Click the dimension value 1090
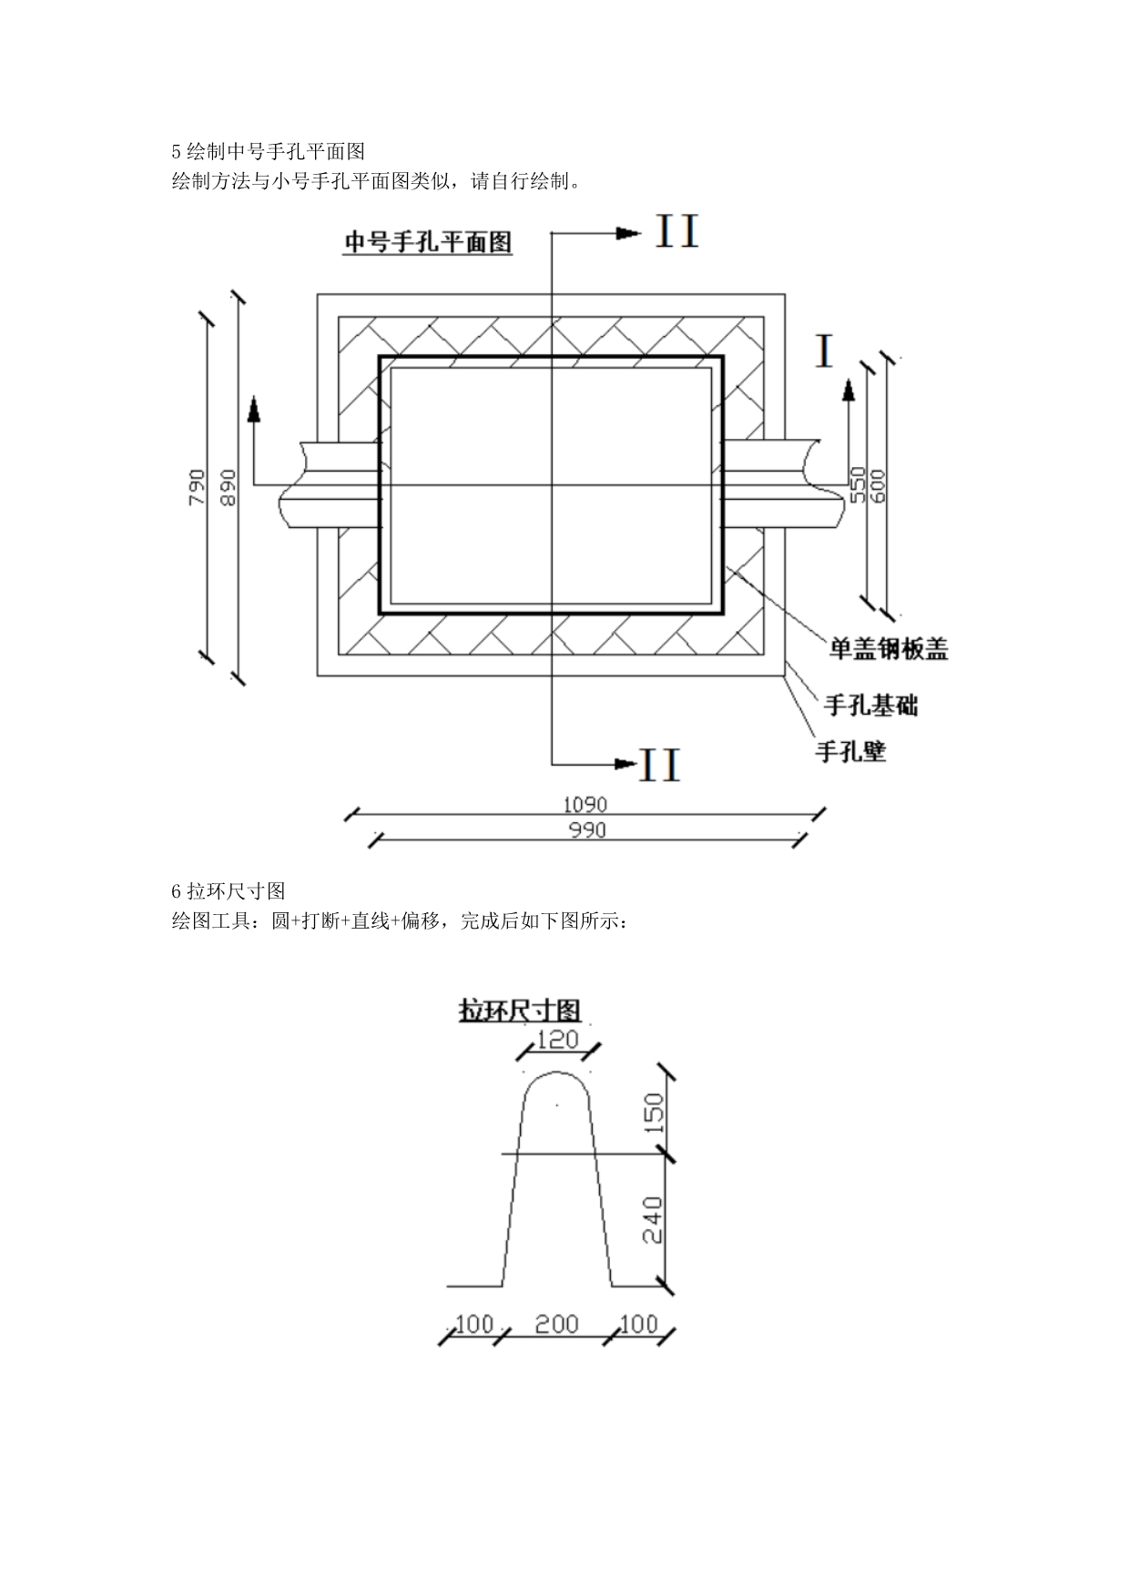(585, 805)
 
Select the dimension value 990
(587, 829)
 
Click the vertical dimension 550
(857, 484)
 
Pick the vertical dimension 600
(879, 485)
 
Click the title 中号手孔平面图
(427, 242)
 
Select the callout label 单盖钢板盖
(889, 649)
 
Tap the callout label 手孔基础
(870, 705)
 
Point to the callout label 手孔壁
(850, 752)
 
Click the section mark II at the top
(677, 232)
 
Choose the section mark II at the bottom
(660, 765)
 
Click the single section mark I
(825, 351)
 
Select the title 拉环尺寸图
(520, 1011)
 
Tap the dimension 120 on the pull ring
(558, 1039)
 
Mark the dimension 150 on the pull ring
(655, 1112)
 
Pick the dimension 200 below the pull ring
(556, 1324)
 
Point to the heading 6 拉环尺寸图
(229, 890)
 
